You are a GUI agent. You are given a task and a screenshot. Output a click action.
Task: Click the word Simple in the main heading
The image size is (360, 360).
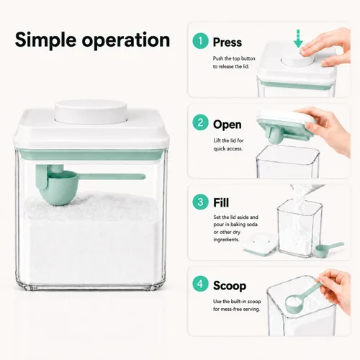45,40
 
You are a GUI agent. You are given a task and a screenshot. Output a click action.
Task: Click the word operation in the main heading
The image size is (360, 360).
126,40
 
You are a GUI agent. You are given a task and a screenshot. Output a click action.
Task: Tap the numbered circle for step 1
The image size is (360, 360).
200,41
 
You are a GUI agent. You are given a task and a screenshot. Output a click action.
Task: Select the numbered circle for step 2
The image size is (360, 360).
200,122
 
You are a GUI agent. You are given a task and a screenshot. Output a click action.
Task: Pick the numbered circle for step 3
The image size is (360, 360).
200,202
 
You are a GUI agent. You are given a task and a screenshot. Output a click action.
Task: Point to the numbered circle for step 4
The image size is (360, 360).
200,284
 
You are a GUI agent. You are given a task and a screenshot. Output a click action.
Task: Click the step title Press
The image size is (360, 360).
228,42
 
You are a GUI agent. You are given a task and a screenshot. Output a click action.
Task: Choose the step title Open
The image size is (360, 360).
228,125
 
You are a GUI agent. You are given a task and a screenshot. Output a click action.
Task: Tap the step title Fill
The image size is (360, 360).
221,202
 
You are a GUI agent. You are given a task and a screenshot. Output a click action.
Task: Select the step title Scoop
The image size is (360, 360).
230,286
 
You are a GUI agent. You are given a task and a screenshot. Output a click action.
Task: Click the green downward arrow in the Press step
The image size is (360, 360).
298,39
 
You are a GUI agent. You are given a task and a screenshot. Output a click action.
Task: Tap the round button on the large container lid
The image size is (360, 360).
91,112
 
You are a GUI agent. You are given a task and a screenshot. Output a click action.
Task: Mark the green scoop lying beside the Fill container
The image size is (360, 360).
330,250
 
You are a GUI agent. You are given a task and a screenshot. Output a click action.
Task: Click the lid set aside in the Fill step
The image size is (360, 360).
260,244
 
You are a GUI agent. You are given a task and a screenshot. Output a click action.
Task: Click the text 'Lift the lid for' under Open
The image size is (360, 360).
228,140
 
